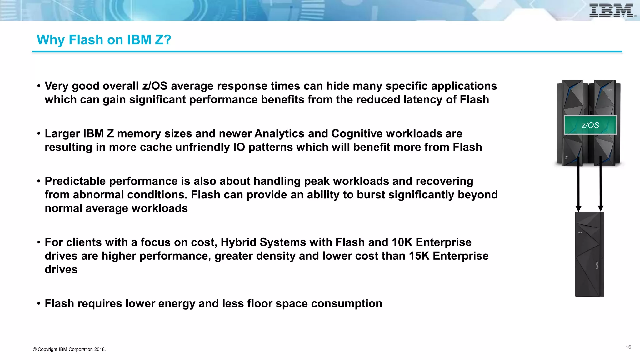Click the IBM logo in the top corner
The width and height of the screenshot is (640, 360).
click(x=612, y=11)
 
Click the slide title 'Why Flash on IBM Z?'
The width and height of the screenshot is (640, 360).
click(x=104, y=40)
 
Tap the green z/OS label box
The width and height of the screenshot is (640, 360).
click(x=590, y=125)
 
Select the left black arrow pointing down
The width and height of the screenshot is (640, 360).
click(x=578, y=184)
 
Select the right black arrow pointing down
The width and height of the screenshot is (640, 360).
click(x=600, y=184)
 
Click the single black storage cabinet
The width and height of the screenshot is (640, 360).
click(x=589, y=254)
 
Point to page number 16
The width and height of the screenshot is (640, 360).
click(x=628, y=347)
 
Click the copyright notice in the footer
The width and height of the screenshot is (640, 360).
click(x=69, y=349)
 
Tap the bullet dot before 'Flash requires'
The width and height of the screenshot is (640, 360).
click(x=39, y=304)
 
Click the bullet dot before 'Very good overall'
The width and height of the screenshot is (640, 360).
click(x=39, y=86)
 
